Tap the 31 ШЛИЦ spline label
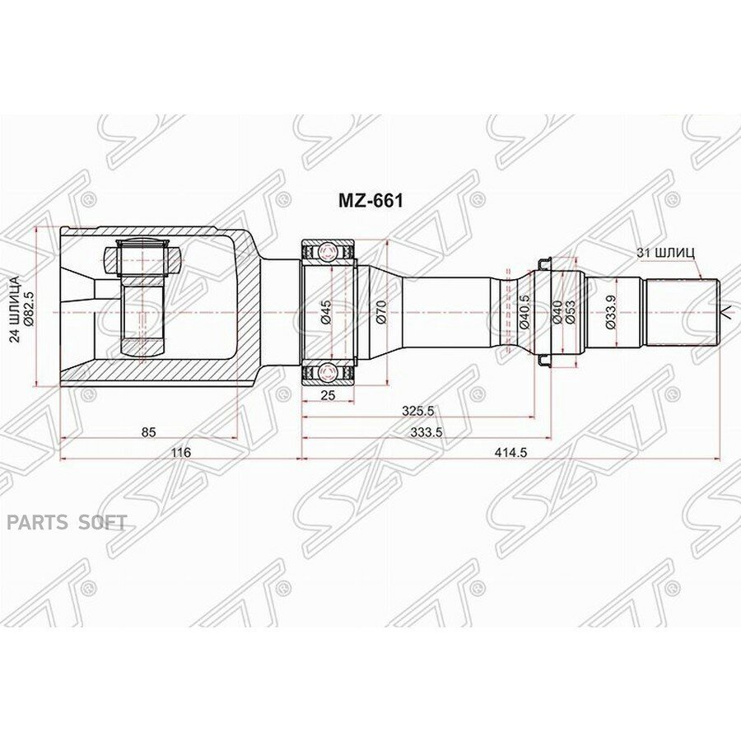pos(665,253)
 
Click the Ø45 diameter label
pos(326,312)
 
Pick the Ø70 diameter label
pos(381,312)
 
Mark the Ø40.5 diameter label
pos(524,312)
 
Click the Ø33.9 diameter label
pos(608,312)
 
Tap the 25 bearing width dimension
pos(328,395)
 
